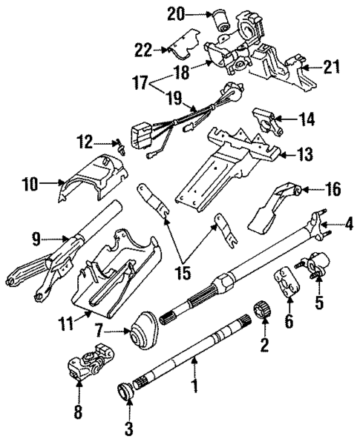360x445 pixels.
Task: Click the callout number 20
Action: pos(174,13)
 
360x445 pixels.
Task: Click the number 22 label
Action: pos(143,50)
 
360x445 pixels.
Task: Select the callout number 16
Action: pos(333,190)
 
